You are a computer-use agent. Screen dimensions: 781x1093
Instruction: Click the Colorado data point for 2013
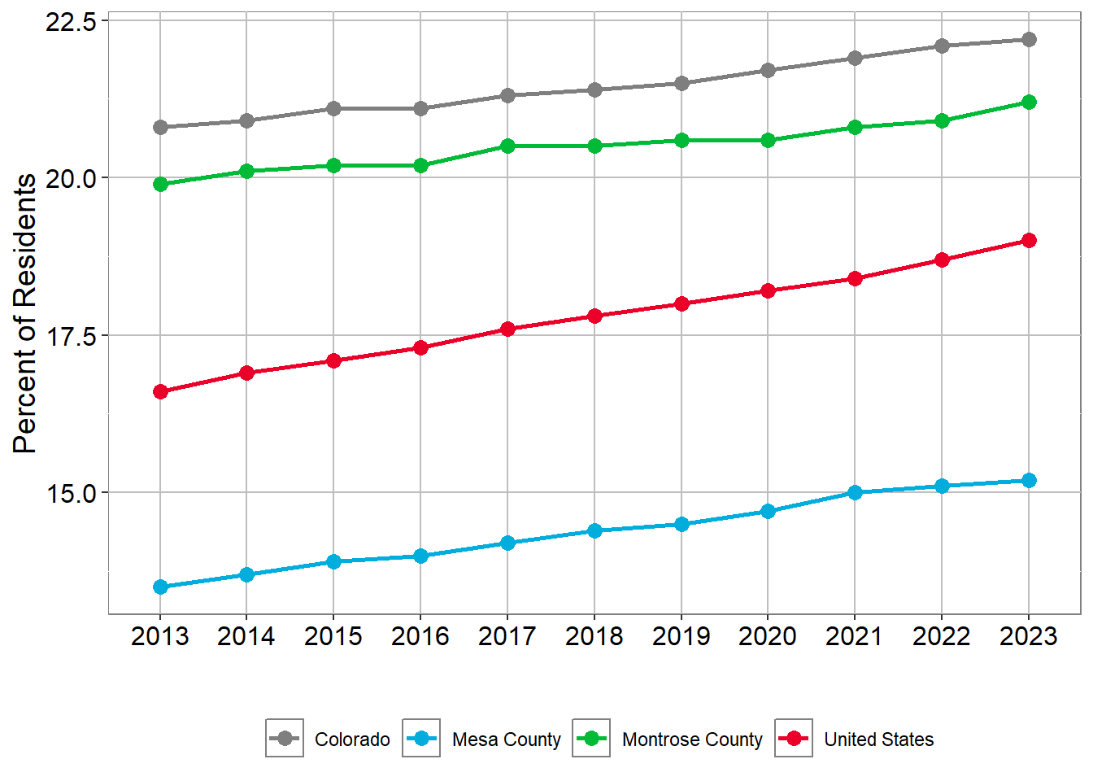click(160, 127)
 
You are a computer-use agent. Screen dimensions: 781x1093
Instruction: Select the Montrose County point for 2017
click(507, 146)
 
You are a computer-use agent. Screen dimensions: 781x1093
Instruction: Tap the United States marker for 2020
click(768, 290)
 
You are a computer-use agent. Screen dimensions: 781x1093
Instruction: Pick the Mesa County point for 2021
click(855, 492)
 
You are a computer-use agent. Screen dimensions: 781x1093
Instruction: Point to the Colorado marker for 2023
click(1029, 39)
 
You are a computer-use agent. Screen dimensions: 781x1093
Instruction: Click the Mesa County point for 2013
click(160, 587)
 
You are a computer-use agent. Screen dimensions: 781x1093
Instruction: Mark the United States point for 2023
click(1029, 240)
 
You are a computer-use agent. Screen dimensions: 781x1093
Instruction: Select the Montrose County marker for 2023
click(1029, 102)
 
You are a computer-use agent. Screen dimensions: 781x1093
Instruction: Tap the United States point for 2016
click(420, 347)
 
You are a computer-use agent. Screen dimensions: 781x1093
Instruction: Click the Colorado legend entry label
click(352, 740)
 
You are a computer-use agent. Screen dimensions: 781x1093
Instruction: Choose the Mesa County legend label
click(506, 740)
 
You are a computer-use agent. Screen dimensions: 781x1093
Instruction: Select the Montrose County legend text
click(692, 740)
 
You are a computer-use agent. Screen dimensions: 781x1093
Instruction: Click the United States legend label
click(878, 740)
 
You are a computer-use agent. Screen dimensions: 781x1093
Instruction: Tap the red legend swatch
click(794, 738)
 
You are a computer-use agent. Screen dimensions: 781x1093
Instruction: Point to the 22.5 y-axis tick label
click(71, 21)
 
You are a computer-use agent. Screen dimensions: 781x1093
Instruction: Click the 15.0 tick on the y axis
click(71, 493)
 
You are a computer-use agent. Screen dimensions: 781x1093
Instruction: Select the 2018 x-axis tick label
click(594, 636)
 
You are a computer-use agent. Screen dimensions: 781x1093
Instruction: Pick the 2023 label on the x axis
click(1029, 636)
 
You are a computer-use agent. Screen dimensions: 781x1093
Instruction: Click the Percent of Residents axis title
click(25, 313)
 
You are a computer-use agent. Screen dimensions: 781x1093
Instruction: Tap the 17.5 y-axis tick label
click(71, 336)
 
